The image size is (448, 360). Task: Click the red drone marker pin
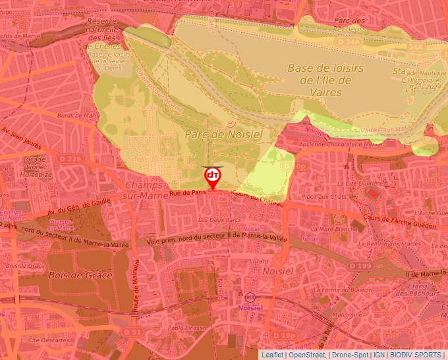pyautogui.click(x=212, y=177)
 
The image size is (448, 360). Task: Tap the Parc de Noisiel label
pyautogui.click(x=223, y=134)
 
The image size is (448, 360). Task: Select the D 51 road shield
pyautogui.click(x=132, y=333)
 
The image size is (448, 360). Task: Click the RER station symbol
pyautogui.click(x=250, y=297)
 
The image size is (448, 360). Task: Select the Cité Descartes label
pyautogui.click(x=49, y=340)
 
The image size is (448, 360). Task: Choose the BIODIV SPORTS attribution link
pyautogui.click(x=416, y=355)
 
